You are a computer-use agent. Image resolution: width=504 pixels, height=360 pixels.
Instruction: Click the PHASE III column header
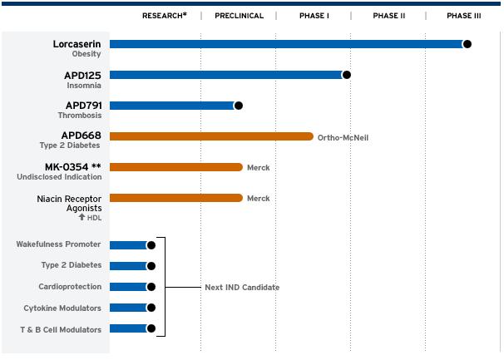(463, 16)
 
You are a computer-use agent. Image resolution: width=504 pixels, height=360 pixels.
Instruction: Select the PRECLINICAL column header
(239, 16)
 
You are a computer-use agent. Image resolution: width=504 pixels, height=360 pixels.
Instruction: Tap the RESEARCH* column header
(164, 16)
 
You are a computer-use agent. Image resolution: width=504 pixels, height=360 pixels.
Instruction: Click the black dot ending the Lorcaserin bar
(467, 44)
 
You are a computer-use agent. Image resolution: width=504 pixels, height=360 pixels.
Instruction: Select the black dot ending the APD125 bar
(347, 75)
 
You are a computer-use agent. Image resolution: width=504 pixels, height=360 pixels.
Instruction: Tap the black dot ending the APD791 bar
(239, 106)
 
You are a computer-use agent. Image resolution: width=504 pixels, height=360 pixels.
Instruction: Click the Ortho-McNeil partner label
(342, 137)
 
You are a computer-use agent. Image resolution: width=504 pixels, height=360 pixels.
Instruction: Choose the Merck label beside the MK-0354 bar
(258, 168)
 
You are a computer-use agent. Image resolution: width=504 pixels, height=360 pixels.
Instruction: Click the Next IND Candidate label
(242, 288)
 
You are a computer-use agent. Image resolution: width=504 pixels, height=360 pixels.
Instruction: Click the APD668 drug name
(82, 135)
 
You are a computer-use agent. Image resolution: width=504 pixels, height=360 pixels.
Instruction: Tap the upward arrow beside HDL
(82, 218)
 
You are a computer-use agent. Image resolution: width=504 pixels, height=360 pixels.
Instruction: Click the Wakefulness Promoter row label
(58, 244)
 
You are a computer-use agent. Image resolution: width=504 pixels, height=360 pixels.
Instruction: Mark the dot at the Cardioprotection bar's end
(151, 287)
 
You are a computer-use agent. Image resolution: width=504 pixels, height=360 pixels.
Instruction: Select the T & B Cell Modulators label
(61, 329)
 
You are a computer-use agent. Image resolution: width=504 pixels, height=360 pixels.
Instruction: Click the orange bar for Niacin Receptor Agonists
(175, 198)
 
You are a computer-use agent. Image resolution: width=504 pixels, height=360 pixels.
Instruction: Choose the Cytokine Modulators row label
(62, 308)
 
